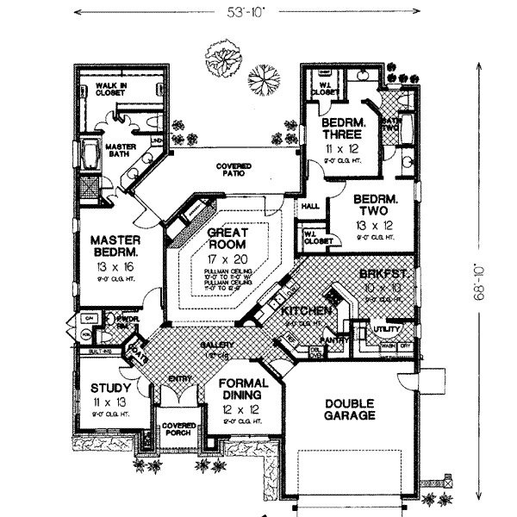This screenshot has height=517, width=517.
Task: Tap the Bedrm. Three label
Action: coord(343,128)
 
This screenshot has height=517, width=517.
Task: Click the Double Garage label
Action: coord(350,408)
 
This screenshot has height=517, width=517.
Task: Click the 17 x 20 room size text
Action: coord(227,258)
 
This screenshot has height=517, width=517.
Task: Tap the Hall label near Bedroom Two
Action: coord(309,207)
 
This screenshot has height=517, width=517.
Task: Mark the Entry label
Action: coord(179,377)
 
